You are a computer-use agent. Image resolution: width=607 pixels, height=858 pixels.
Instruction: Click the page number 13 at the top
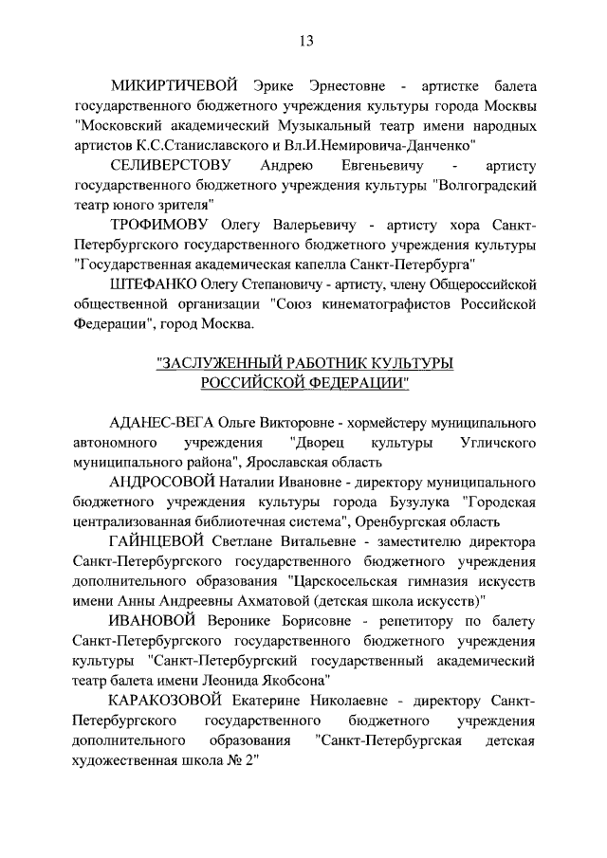[306, 41]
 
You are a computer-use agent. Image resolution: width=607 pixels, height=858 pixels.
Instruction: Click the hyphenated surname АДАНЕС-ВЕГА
[162, 422]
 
